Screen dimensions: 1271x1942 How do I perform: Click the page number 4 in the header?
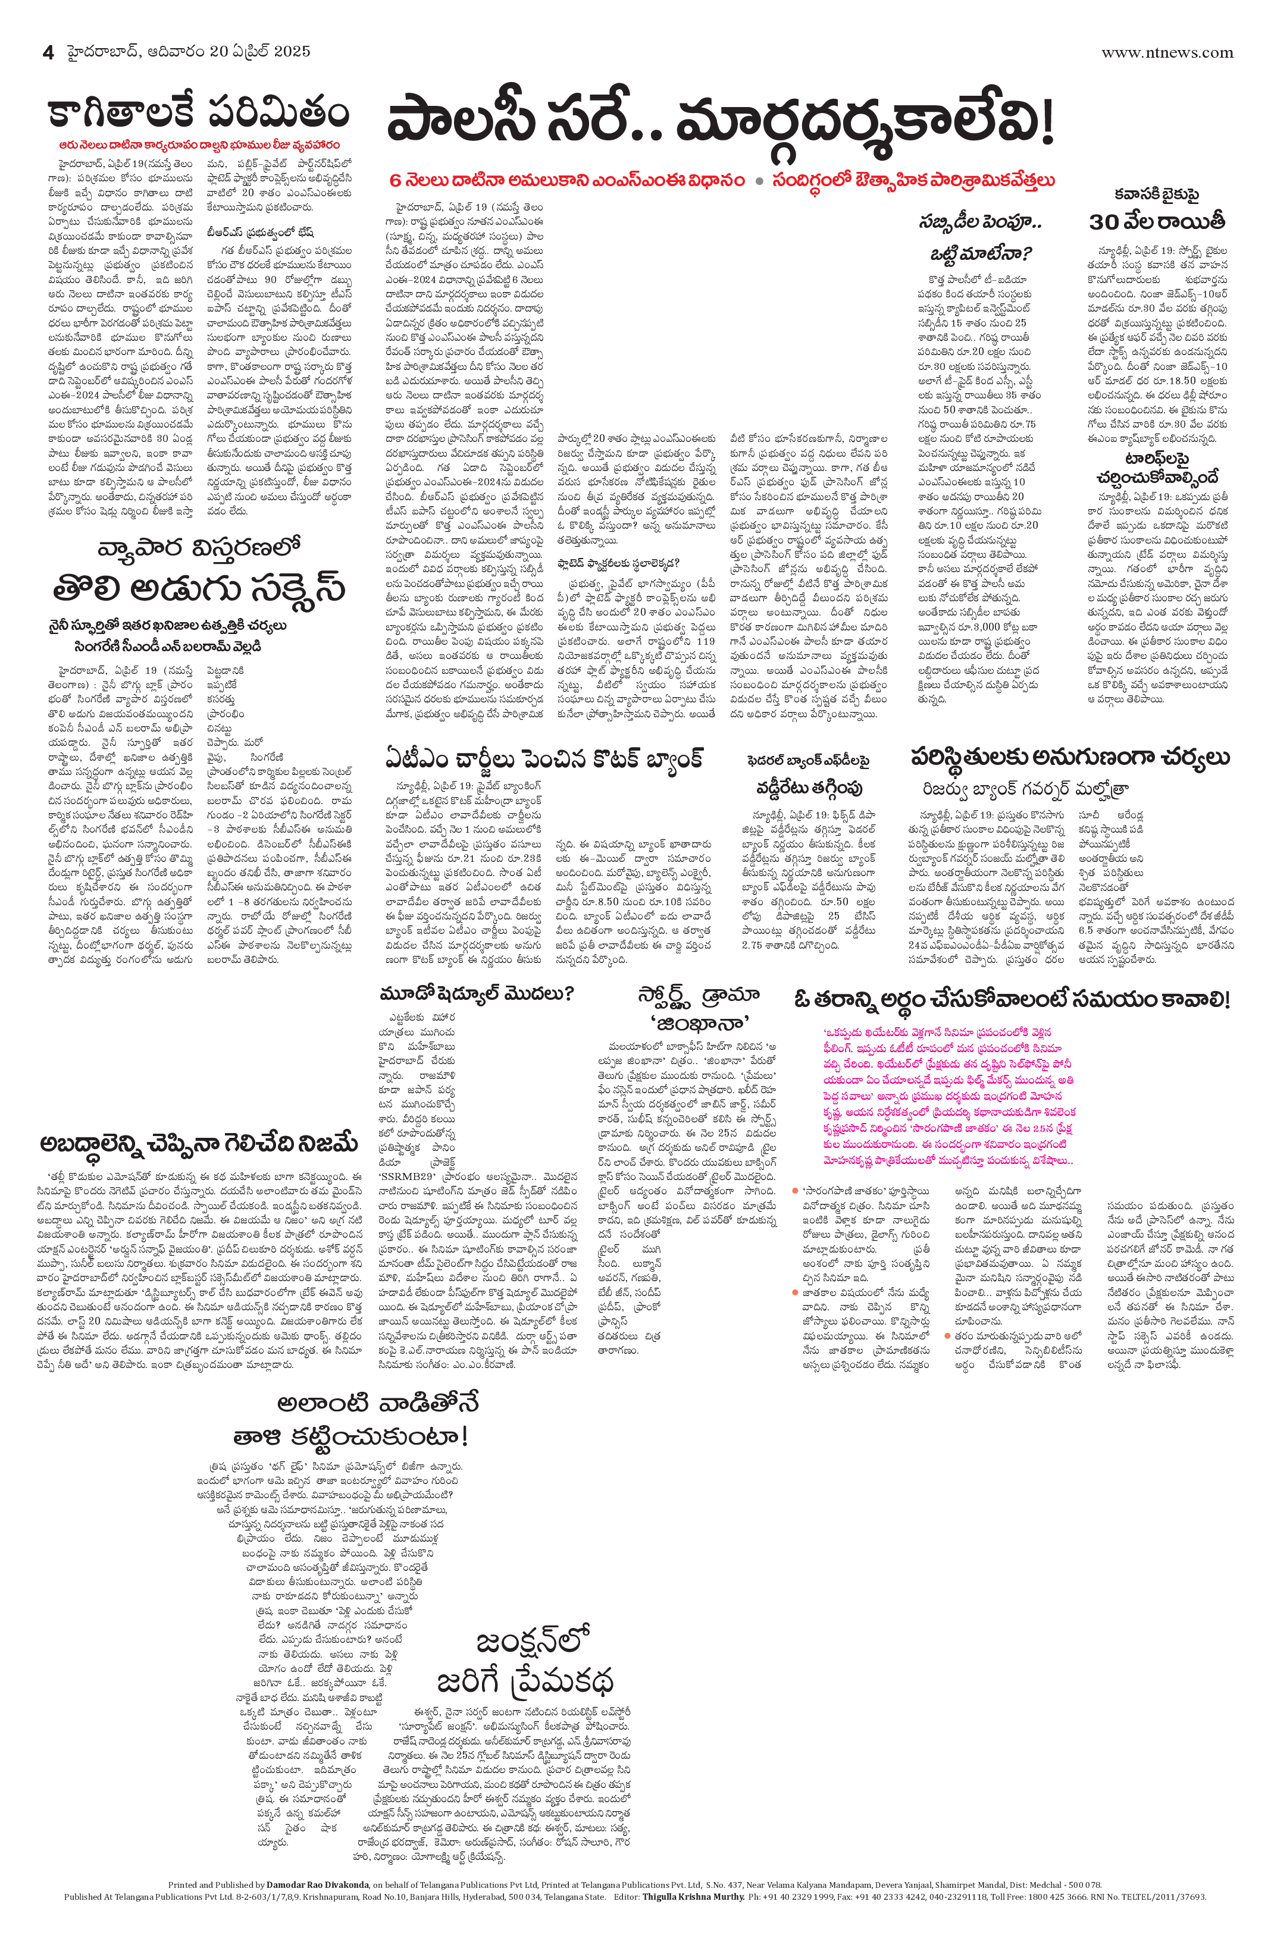click(48, 53)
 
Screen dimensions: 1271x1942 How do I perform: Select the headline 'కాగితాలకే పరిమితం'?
click(198, 112)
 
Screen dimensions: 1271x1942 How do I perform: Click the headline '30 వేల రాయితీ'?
click(1157, 221)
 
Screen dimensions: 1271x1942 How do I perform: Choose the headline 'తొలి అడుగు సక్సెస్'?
click(198, 588)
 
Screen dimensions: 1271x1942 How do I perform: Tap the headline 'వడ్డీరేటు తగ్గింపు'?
click(808, 788)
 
